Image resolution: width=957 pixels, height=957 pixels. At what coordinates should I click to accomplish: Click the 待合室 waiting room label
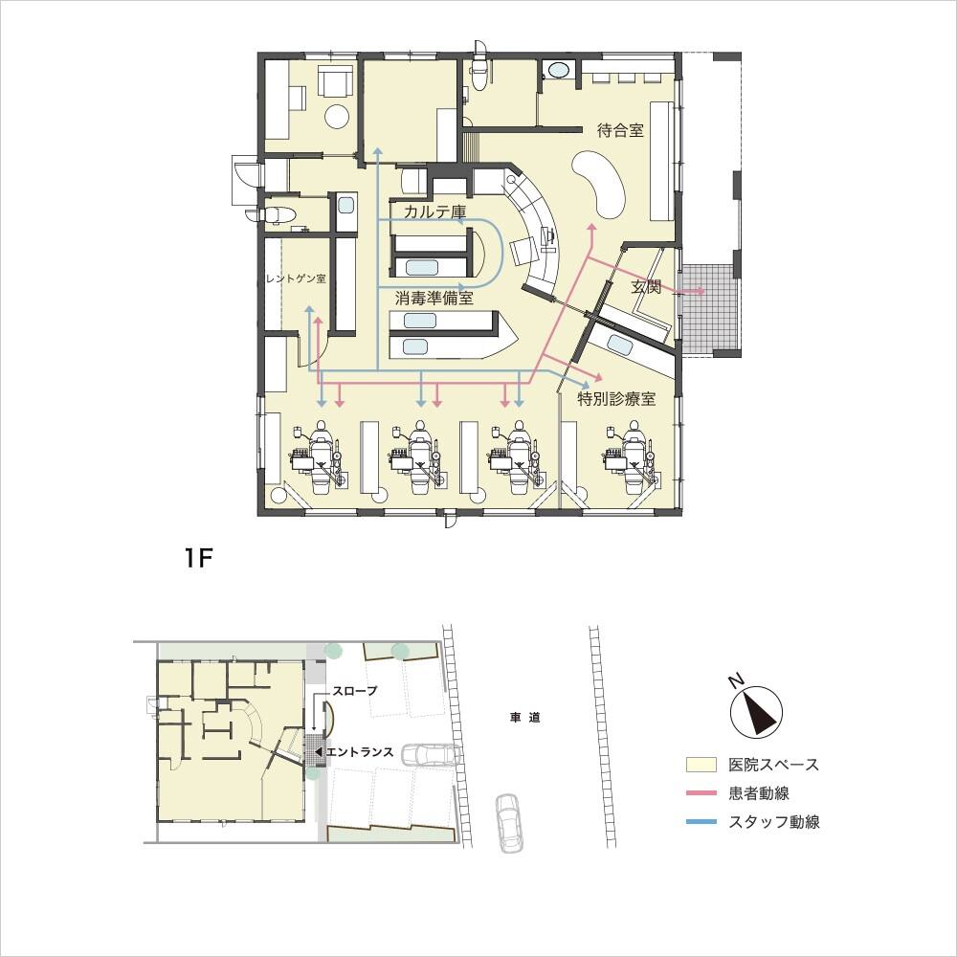pos(620,130)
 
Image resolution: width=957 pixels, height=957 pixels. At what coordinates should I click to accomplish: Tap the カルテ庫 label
pos(435,211)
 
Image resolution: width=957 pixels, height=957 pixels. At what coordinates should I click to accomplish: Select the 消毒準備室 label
pos(434,299)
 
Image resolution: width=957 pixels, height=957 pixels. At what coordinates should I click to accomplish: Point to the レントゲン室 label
pos(296,278)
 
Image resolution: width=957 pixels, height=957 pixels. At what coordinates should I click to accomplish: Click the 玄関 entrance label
pos(646,286)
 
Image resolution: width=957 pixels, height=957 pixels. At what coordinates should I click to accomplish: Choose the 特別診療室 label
pos(616,399)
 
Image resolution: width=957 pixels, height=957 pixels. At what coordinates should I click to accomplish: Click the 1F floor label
pos(198,558)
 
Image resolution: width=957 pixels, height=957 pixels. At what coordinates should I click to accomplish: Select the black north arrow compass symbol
pos(756,710)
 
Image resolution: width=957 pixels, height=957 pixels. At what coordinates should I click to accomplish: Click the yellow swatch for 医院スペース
pos(701,764)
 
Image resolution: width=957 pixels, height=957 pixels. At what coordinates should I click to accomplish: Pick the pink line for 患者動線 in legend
pos(701,792)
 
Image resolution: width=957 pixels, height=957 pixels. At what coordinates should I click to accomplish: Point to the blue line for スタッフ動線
pos(701,821)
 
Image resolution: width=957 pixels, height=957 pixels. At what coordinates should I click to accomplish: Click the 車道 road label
pos(524,718)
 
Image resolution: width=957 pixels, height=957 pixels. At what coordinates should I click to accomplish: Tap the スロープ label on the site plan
pos(355,691)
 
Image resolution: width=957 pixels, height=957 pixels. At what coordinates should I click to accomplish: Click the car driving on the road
pos(510,823)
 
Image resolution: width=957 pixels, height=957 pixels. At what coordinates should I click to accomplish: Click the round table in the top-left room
pos(336,116)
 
